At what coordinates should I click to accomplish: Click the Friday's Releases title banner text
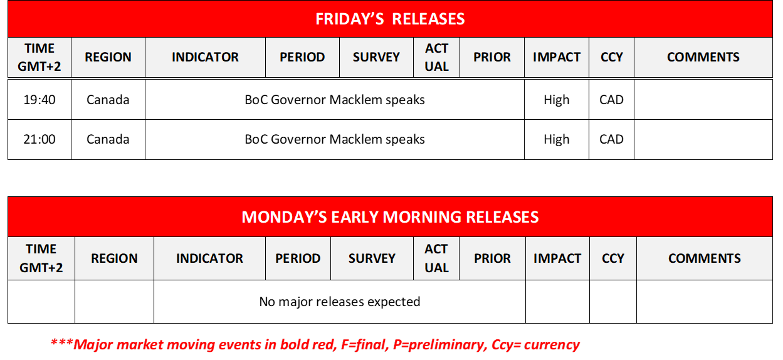pos(390,19)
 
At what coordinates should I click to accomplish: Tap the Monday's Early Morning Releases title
pos(390,217)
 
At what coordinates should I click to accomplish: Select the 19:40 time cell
pos(39,100)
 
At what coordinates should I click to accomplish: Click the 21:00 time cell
pos(39,139)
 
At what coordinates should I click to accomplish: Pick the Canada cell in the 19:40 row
pos(108,100)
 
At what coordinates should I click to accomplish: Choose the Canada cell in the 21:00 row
pos(108,139)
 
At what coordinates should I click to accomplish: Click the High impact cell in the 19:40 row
pos(556,100)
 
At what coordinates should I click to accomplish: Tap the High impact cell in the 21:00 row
pos(556,139)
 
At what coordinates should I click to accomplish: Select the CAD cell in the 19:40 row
pos(611,100)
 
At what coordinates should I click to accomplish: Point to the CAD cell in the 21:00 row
pos(611,139)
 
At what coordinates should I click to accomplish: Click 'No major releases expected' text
pos(339,302)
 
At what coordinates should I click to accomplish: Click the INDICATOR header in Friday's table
pos(205,57)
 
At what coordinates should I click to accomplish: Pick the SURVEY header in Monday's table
pos(372,258)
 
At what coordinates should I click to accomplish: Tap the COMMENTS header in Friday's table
pos(703,57)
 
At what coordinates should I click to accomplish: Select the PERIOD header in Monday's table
pos(297,258)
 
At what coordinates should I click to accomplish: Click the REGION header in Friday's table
pos(108,57)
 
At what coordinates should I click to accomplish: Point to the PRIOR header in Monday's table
pos(492,258)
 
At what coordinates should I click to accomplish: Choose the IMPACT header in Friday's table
pos(556,57)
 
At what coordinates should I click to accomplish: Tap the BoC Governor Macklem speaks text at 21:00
pos(334,139)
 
